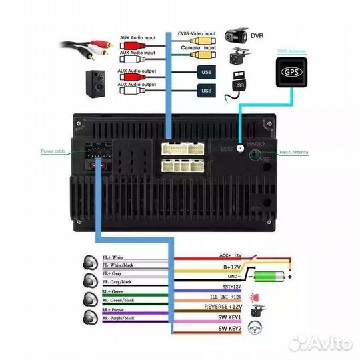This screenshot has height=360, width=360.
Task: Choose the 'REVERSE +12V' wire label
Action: (x=213, y=307)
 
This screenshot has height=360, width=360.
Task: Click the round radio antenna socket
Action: (x=255, y=155)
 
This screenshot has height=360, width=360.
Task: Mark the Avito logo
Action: (x=327, y=343)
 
